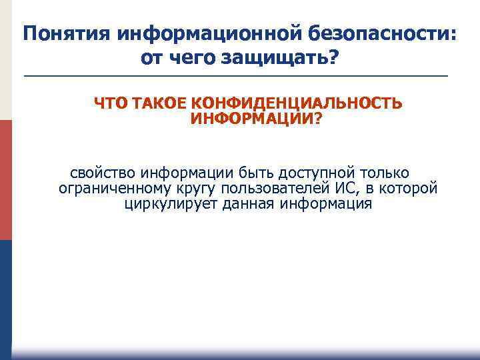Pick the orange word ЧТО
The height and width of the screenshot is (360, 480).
(x=111, y=104)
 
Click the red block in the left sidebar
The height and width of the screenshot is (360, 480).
(x=5, y=180)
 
